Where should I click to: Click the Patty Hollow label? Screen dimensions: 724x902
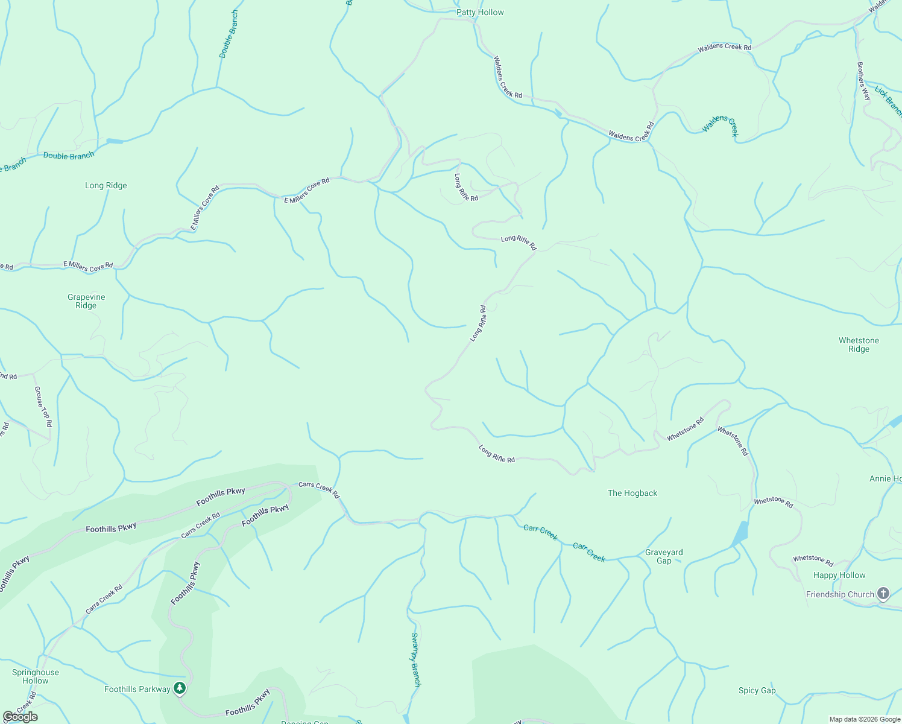click(x=480, y=12)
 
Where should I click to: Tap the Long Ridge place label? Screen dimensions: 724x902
click(x=106, y=185)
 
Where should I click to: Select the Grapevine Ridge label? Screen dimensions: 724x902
click(x=86, y=301)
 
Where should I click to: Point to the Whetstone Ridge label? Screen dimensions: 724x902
click(x=859, y=345)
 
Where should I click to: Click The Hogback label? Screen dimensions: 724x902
click(x=632, y=493)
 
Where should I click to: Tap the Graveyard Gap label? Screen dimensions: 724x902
click(x=664, y=556)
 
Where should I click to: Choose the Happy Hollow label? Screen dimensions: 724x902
click(x=839, y=575)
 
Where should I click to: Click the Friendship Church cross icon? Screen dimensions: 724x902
click(x=883, y=594)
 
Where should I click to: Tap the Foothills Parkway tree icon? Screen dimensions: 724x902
click(x=179, y=688)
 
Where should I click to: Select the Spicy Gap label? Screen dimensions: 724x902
click(x=757, y=690)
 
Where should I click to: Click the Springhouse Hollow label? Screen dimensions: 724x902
click(x=36, y=676)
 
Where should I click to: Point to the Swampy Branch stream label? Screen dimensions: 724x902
click(x=415, y=659)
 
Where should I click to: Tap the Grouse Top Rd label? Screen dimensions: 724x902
click(x=43, y=407)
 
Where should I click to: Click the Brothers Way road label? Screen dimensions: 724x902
click(x=863, y=81)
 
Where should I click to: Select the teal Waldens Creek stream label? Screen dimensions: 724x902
click(x=721, y=125)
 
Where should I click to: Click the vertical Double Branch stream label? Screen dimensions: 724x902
click(x=229, y=34)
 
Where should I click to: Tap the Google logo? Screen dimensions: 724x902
click(x=20, y=717)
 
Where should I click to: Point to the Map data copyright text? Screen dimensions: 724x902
click(x=865, y=719)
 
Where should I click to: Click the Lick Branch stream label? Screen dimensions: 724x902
click(x=888, y=101)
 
